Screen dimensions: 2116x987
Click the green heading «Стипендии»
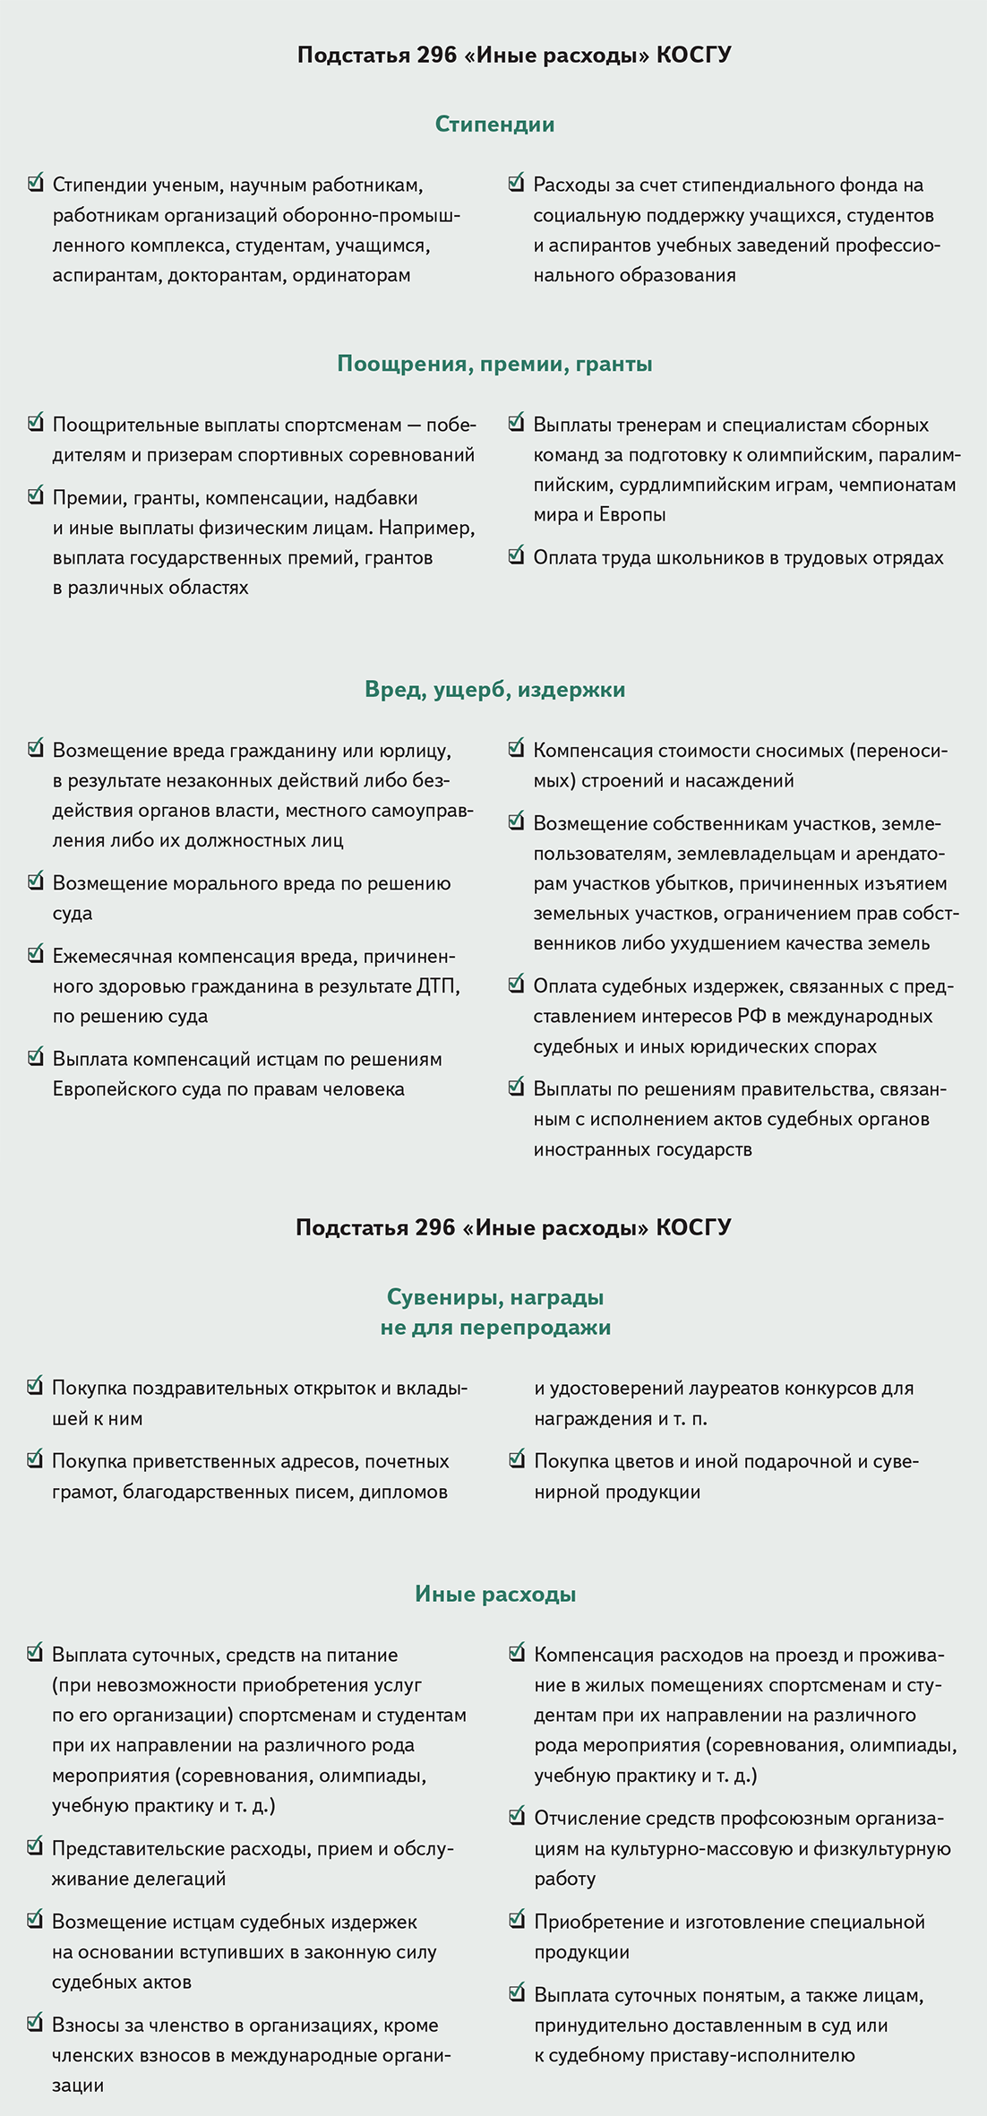pos(494,125)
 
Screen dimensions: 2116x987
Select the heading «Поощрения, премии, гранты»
pos(494,364)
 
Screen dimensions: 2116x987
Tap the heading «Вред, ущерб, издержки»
pos(494,690)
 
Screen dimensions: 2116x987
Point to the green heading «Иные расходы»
pos(494,1594)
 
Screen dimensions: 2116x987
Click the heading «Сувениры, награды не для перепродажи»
pos(494,1312)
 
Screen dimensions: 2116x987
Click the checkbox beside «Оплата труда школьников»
pos(516,555)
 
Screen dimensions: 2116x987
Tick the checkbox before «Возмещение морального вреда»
pos(36,882)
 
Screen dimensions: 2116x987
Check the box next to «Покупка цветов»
pos(517,1459)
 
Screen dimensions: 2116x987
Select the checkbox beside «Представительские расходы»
pos(36,1846)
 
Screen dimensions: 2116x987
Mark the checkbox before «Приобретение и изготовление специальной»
pos(517,1920)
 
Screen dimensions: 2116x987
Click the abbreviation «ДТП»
pos(437,986)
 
